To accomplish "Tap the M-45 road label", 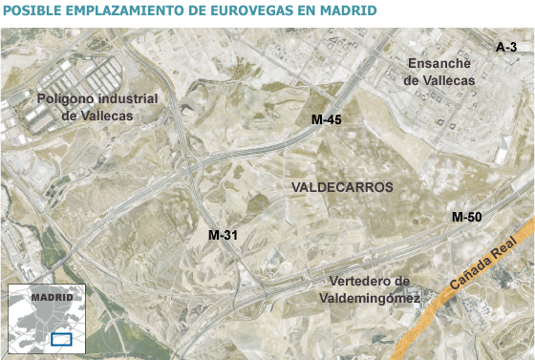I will coord(327,120).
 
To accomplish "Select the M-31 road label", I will coord(224,235).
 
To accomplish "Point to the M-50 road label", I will coord(466,218).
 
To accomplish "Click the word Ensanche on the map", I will coord(439,64).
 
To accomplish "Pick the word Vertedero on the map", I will coord(368,281).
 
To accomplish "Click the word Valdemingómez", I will coord(369,298).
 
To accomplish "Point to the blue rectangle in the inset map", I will coord(61,338).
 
